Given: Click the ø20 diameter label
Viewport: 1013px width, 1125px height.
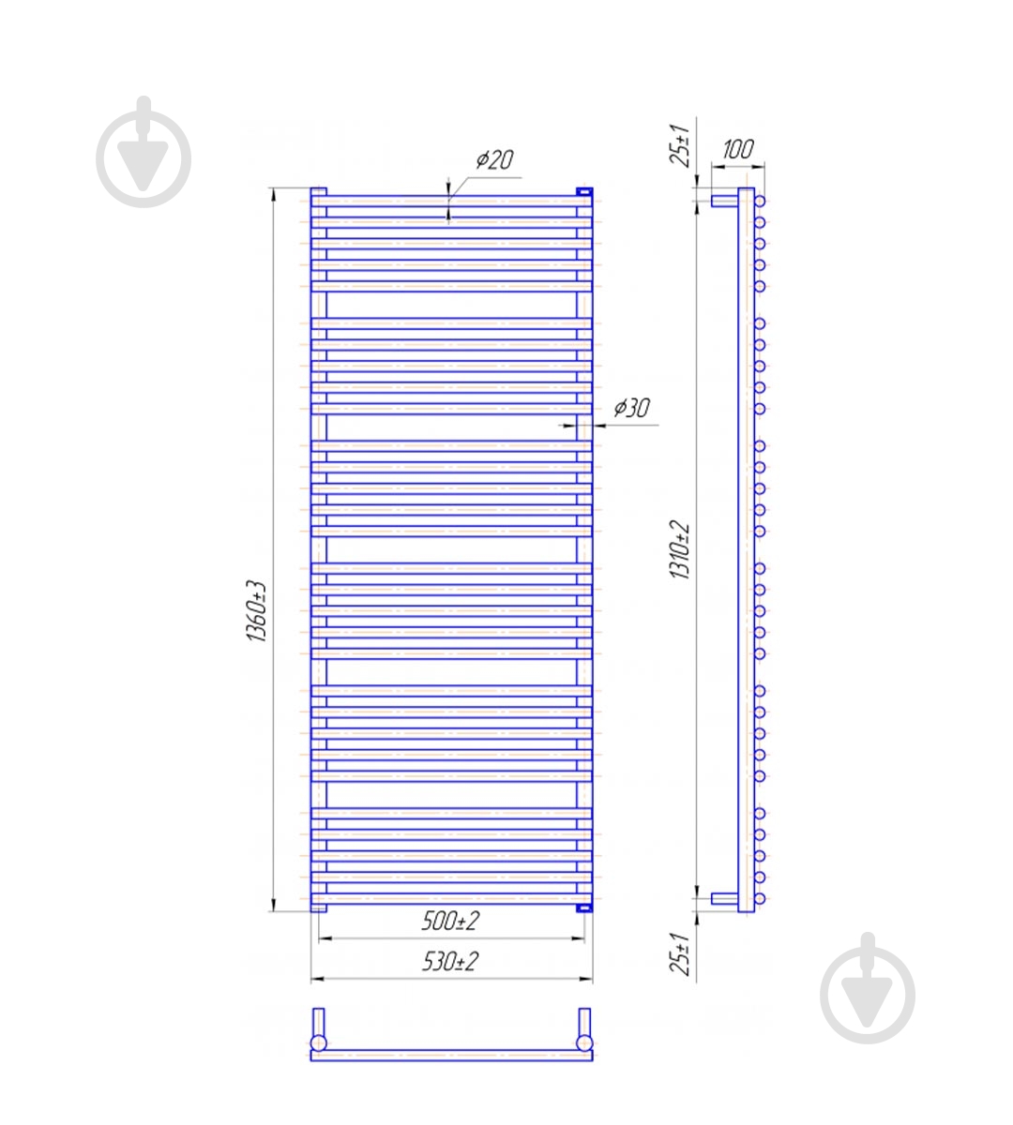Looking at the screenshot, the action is coord(494,159).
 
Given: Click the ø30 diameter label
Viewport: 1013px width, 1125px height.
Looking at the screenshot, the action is coord(631,408).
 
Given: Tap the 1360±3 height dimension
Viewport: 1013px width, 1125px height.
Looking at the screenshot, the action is coord(258,611).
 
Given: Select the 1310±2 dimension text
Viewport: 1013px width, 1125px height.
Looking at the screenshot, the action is coord(679,549).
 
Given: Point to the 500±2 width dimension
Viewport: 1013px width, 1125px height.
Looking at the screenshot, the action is coord(450,921).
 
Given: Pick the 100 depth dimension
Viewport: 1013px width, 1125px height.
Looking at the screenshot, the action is coord(737,149).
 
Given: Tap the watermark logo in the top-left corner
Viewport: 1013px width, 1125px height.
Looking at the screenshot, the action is coord(144,153).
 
